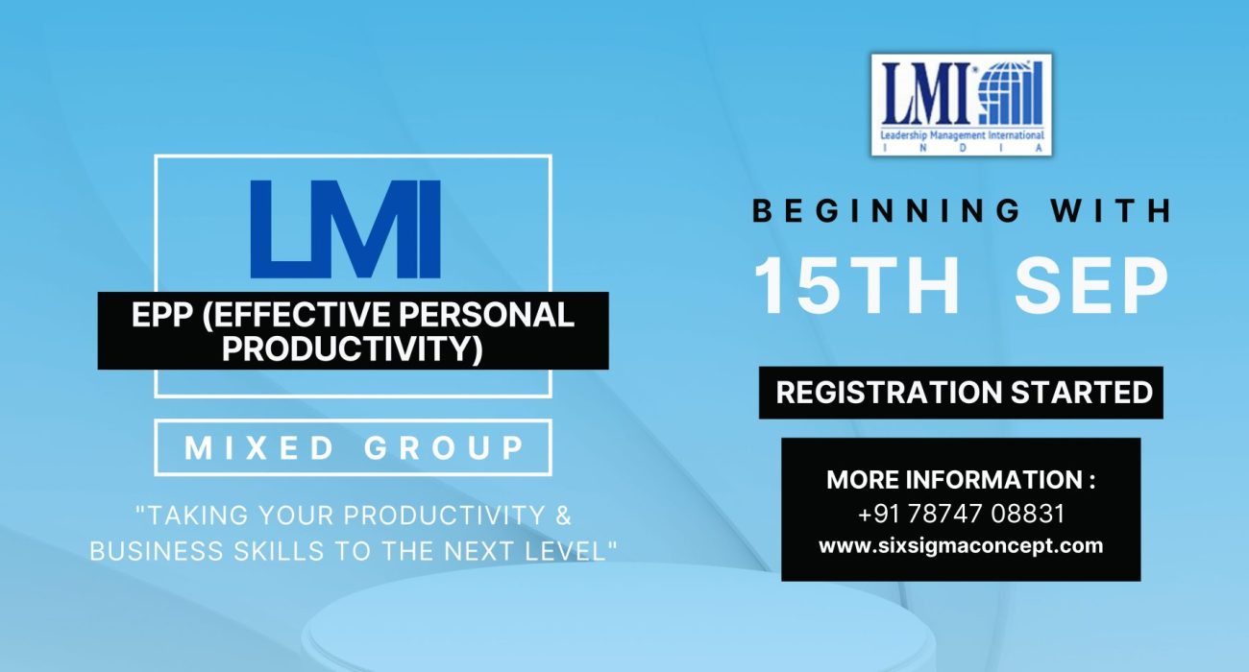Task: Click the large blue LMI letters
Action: [x=345, y=230]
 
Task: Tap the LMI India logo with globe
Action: [x=961, y=105]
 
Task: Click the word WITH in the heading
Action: [x=1114, y=210]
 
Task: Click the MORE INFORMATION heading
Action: [x=961, y=480]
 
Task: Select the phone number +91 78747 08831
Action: [x=961, y=514]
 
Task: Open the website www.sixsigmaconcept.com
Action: [x=961, y=545]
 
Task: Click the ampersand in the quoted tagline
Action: [x=564, y=515]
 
